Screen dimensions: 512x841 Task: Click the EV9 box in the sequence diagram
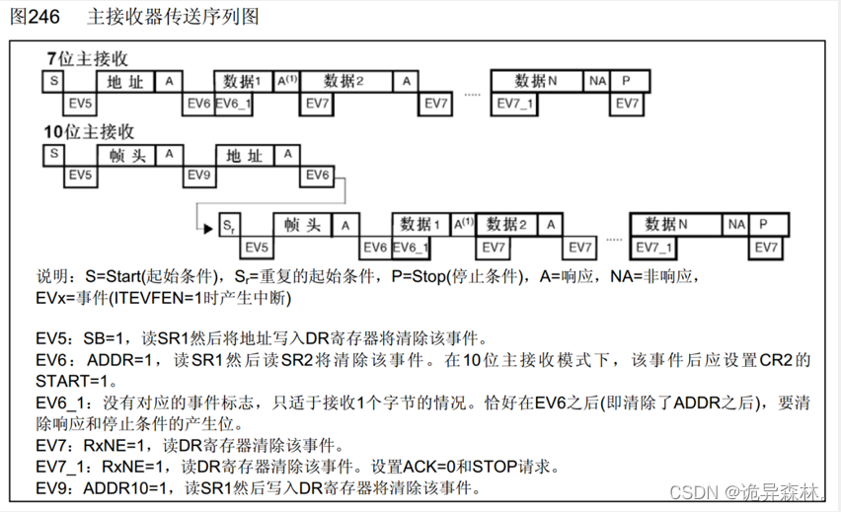pos(200,175)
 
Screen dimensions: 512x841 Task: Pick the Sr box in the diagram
pos(228,226)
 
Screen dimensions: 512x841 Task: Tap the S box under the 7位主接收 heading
pos(53,80)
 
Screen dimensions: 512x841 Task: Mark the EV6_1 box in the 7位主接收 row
pos(234,102)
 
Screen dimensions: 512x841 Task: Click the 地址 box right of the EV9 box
pos(244,155)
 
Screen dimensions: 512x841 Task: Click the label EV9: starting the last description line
pos(56,488)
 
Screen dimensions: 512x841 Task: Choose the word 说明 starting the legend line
pos(54,277)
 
